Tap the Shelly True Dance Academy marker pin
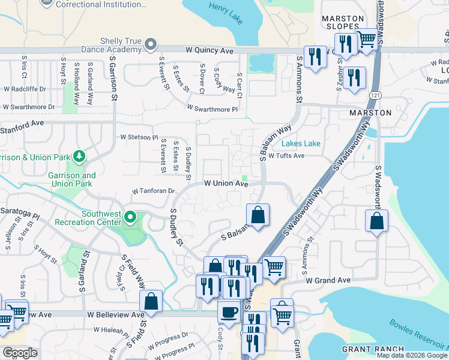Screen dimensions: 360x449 click(151, 44)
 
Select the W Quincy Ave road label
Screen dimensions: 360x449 click(209, 51)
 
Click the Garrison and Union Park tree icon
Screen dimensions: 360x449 click(79, 157)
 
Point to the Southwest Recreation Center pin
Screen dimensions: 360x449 click(130, 216)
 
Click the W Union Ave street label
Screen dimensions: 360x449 click(226, 184)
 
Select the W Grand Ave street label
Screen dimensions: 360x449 click(327, 280)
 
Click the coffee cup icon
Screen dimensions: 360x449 click(229, 312)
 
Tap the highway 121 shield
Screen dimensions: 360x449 click(375, 95)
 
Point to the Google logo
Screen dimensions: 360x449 click(20, 353)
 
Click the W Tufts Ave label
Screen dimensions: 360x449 click(286, 155)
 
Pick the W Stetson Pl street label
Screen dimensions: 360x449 click(139, 137)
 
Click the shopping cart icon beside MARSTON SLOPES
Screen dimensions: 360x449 click(367, 40)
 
